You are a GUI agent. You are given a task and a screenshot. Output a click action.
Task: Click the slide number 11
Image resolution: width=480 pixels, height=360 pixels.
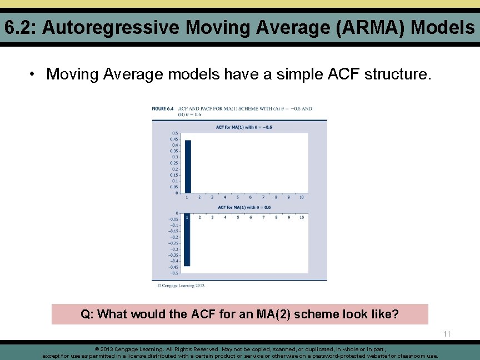(x=447, y=334)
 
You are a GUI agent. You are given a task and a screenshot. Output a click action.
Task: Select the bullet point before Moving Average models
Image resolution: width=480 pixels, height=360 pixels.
(x=33, y=74)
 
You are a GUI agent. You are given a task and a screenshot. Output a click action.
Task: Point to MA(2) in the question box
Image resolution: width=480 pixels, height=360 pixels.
(x=274, y=314)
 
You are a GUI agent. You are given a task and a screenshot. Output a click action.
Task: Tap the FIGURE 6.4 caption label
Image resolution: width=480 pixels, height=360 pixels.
(x=163, y=108)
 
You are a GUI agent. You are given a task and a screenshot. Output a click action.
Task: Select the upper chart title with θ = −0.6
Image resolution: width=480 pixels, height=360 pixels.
(x=244, y=127)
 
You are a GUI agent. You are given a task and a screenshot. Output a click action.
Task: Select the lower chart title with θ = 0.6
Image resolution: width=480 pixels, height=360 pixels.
(x=244, y=207)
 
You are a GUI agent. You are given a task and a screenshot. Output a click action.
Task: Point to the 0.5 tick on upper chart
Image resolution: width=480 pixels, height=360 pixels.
(x=175, y=133)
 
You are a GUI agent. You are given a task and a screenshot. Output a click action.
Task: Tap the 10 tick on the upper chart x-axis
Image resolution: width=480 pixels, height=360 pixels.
(x=301, y=197)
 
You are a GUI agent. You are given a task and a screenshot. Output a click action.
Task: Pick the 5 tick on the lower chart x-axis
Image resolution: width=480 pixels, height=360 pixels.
(x=238, y=217)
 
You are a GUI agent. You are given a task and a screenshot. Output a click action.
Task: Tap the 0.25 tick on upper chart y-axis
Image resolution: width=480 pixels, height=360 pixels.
(x=174, y=163)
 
